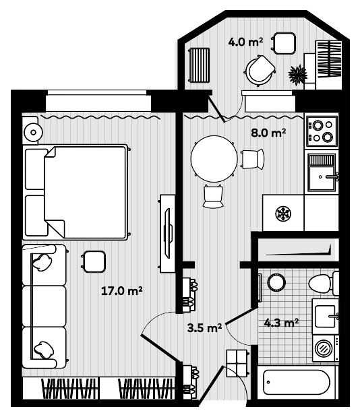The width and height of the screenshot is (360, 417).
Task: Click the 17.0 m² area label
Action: click(121, 291)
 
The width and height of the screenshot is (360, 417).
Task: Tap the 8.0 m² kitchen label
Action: click(268, 133)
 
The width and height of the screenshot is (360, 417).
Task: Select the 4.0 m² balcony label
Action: click(245, 42)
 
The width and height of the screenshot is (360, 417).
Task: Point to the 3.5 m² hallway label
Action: click(205, 328)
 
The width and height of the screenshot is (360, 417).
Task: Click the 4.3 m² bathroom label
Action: click(282, 323)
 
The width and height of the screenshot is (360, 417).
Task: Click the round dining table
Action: click(214, 159)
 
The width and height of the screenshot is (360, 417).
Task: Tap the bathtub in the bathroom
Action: click(297, 383)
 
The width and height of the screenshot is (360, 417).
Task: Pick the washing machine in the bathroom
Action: click(325, 349)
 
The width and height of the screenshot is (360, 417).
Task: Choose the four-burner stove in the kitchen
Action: click(322, 131)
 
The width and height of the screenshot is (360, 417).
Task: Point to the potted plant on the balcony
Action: click(297, 73)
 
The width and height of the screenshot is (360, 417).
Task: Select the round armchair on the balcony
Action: click(260, 69)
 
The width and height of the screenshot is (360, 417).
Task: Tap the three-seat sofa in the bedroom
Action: click(44, 306)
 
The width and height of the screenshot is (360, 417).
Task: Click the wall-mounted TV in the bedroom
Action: click(167, 232)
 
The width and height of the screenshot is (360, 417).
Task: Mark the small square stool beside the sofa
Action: click(94, 260)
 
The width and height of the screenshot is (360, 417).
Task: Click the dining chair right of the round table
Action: click(251, 159)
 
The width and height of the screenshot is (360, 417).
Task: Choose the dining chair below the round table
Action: click(213, 196)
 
